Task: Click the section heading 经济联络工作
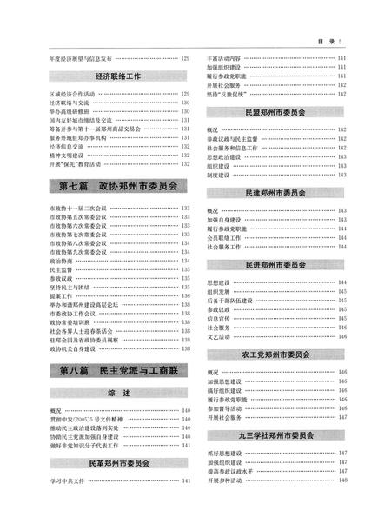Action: pyautogui.click(x=120, y=76)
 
